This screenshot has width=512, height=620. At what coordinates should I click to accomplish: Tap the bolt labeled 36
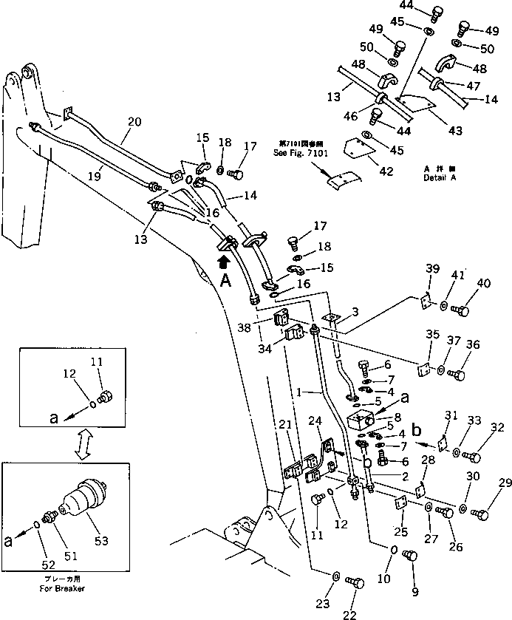point(457,375)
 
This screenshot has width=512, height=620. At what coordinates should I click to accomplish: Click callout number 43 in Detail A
point(455,131)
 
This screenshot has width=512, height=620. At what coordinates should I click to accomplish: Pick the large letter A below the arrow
point(226,279)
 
